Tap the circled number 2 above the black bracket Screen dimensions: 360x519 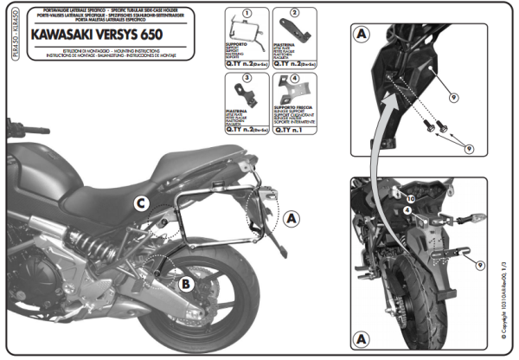click(293, 13)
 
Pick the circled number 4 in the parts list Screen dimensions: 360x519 click(293, 79)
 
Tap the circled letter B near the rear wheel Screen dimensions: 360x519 click(186, 281)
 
